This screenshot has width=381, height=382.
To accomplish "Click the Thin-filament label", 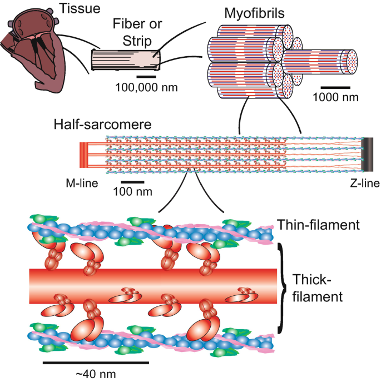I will click(316, 225).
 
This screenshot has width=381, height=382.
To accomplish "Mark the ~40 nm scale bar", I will click(96, 362).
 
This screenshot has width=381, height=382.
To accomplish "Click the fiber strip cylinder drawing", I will click(126, 59).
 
